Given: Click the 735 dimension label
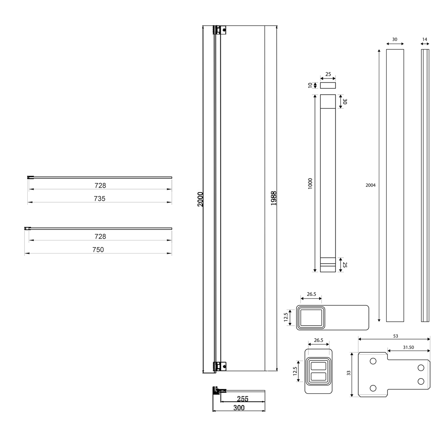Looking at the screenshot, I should (99, 199).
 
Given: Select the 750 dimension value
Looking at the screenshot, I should (98, 250).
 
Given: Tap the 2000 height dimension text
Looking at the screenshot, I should (200, 199).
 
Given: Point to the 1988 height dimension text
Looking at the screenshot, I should (274, 198).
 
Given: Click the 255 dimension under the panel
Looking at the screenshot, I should (242, 399).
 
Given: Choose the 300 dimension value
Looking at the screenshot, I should (239, 408).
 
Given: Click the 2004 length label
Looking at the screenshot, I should (371, 185).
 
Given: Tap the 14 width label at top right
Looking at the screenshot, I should (424, 39).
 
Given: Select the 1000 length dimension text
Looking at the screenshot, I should (310, 184).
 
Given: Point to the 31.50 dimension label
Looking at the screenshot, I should (408, 347).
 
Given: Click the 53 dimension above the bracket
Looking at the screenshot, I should (395, 336).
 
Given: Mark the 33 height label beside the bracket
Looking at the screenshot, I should (349, 373).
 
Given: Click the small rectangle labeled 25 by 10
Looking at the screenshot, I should (328, 85).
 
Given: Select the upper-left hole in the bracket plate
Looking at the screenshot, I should (373, 361).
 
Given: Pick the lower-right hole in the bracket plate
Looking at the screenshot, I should (421, 381).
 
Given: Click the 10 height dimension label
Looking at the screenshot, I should (310, 85).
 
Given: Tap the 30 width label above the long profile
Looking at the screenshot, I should (394, 39).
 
